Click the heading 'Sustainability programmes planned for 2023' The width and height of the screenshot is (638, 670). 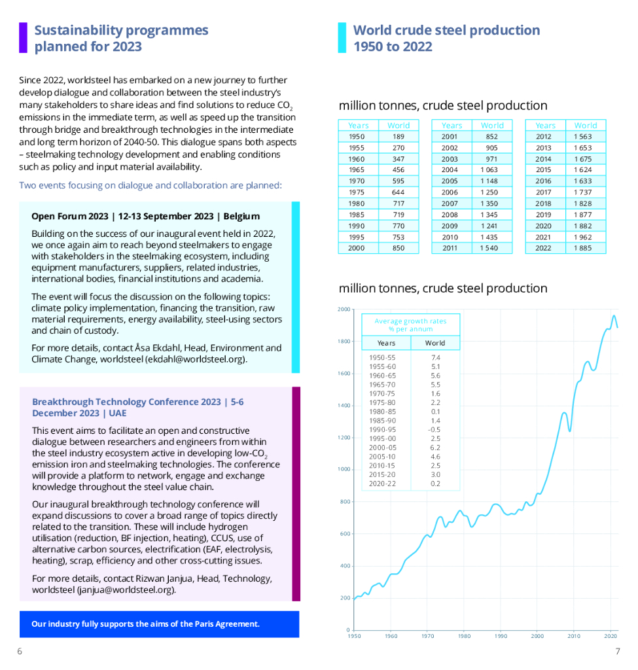pos(121,38)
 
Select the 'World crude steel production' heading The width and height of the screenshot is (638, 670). pos(446,38)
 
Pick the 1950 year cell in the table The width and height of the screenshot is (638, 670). pos(357,137)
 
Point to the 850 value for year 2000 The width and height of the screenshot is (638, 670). pos(398,248)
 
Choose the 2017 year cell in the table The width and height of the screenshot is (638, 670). pos(543,192)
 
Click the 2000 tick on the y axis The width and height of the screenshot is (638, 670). pos(344,309)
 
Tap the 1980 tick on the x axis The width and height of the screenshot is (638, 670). pos(464,635)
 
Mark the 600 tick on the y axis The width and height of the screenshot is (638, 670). pos(345,534)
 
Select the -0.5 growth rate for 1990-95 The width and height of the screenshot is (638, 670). pos(435,429)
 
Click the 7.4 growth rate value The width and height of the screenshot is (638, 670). pos(436,358)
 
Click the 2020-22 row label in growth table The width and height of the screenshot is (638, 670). pos(382,484)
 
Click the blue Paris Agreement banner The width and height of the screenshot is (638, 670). pos(159,624)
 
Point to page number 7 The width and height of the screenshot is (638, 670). pos(617,651)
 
